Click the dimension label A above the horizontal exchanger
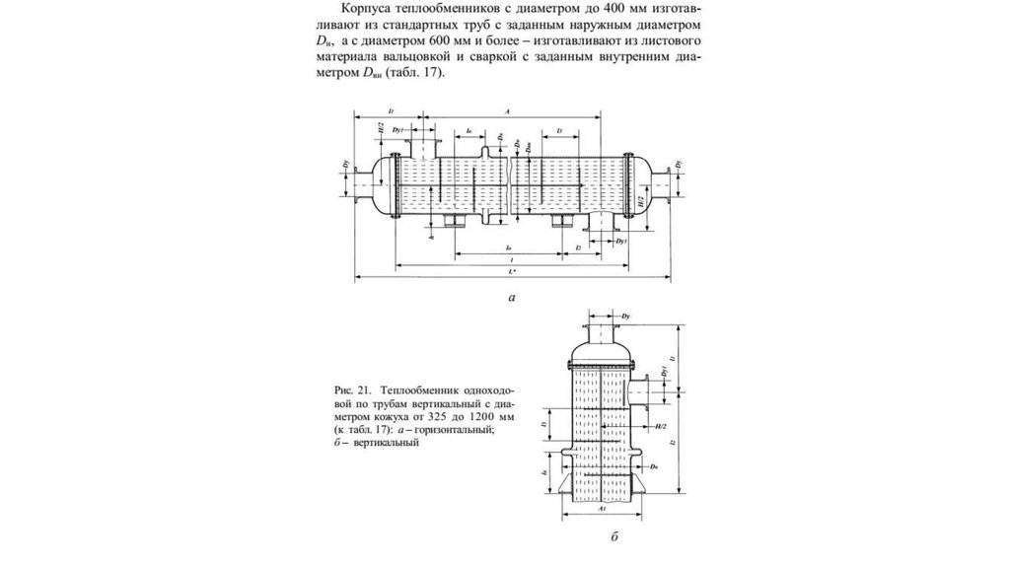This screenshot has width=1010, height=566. [x=505, y=112]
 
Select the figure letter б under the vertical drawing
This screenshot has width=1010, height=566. [x=613, y=536]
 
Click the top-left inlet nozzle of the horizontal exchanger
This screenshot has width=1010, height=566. [x=426, y=148]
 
